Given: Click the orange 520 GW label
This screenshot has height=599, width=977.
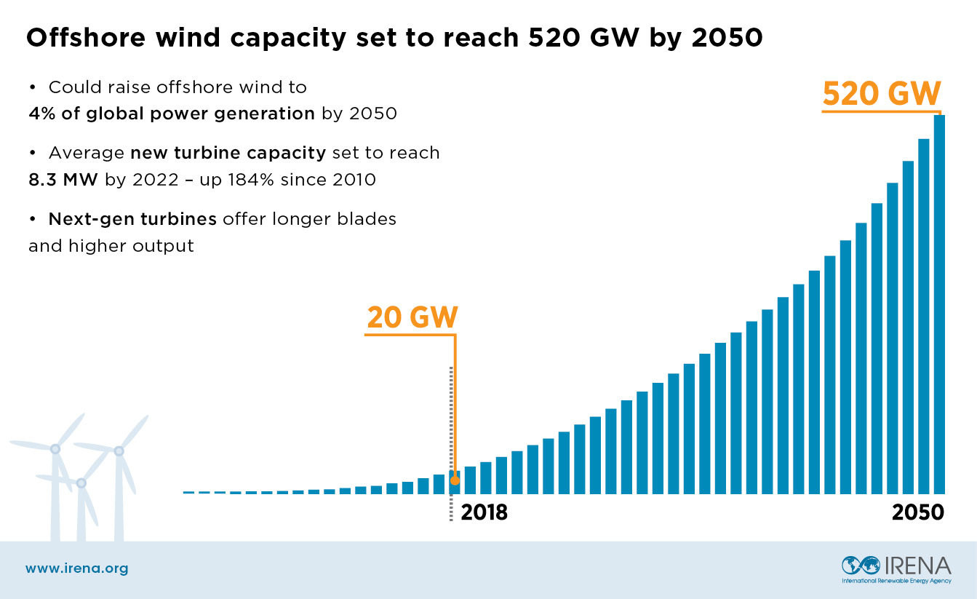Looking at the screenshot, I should click(882, 95).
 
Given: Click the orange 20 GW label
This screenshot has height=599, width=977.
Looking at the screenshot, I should click(412, 318).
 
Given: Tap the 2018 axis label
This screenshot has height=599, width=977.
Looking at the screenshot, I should click(484, 512).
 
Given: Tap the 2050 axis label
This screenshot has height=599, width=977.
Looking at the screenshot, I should click(917, 512).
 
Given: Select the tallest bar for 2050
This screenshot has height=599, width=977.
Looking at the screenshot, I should click(939, 306).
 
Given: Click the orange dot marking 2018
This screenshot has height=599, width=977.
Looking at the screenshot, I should click(455, 480).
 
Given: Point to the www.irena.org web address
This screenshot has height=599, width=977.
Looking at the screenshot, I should click(77, 568).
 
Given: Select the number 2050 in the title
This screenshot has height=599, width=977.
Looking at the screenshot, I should click(727, 39).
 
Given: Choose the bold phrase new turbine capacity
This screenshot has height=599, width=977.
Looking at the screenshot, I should click(228, 154).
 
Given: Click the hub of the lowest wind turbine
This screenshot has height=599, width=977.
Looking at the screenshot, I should click(81, 483).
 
